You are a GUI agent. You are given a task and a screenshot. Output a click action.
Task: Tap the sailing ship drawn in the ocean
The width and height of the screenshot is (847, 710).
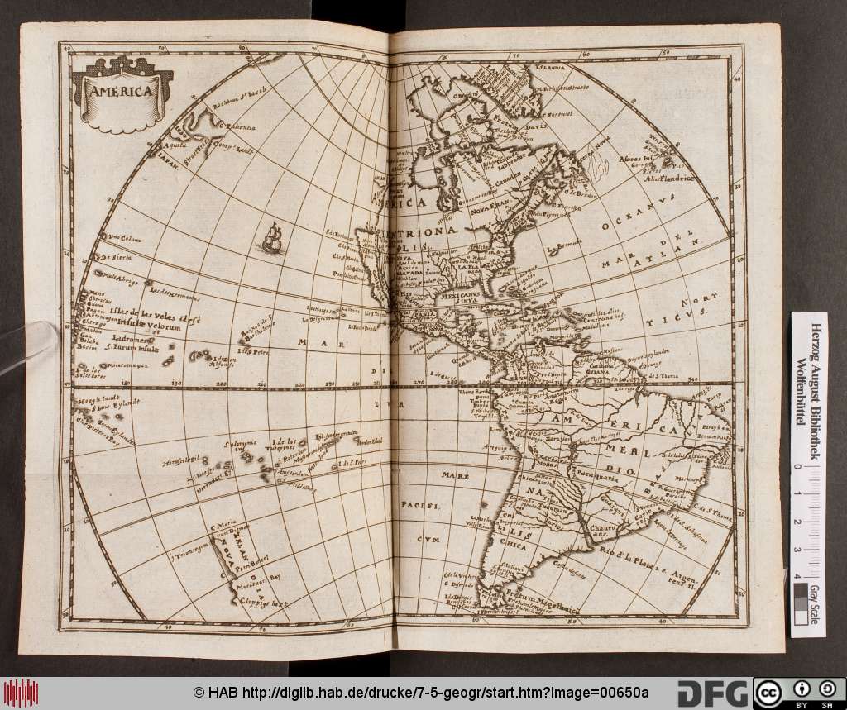tap(270, 240)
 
